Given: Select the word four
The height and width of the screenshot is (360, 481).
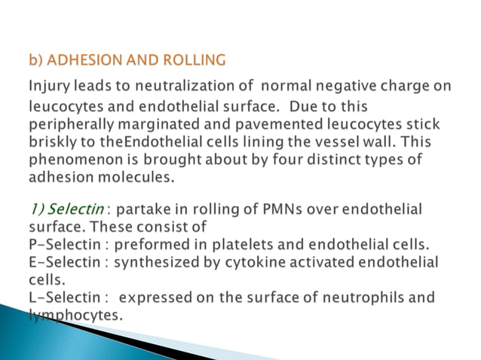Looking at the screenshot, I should pos(280,160).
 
